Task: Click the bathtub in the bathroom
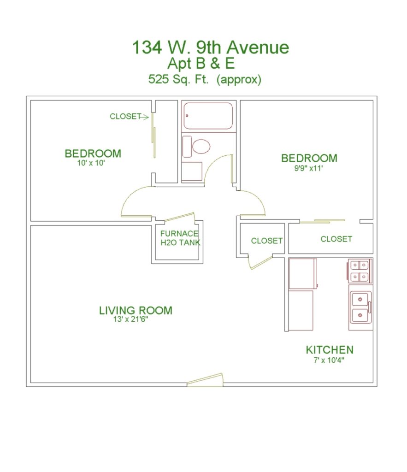pos(208,116)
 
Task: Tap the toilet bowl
pos(201,147)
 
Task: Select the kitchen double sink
pos(360,307)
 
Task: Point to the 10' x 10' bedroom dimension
pos(91,163)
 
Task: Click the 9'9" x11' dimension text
pos(308,168)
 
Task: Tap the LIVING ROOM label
pos(136,310)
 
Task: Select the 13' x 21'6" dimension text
pos(130,319)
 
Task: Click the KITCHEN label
pos(330,350)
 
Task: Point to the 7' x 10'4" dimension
pos(329,360)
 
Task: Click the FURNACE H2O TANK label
pos(180,238)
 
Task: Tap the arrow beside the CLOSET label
pos(145,117)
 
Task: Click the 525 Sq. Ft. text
pos(178,79)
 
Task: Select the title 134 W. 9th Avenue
pos(211,47)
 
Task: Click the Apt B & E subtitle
pos(201,63)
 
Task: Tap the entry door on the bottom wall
pos(205,380)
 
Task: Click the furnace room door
pos(180,217)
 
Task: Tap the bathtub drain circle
pos(187,116)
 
